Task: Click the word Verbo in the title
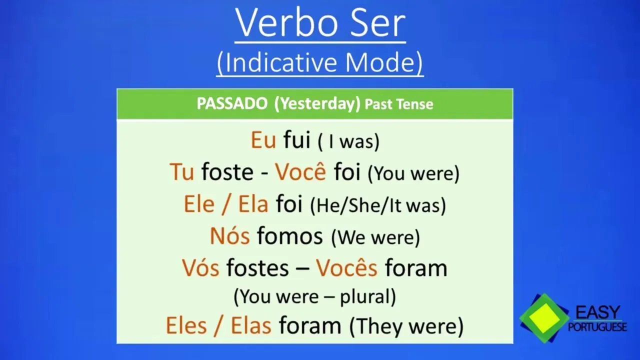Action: click(287, 23)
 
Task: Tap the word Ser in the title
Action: click(378, 23)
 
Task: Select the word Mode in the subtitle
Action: click(381, 62)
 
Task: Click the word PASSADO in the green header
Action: click(232, 103)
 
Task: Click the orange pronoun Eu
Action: click(263, 140)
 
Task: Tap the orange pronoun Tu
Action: click(181, 172)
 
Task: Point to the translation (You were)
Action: click(413, 173)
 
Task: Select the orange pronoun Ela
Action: click(253, 204)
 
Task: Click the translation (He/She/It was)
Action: click(378, 205)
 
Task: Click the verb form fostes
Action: click(257, 267)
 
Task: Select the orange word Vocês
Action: click(346, 267)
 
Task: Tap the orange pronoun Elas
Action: click(251, 325)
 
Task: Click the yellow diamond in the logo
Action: click(544, 318)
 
